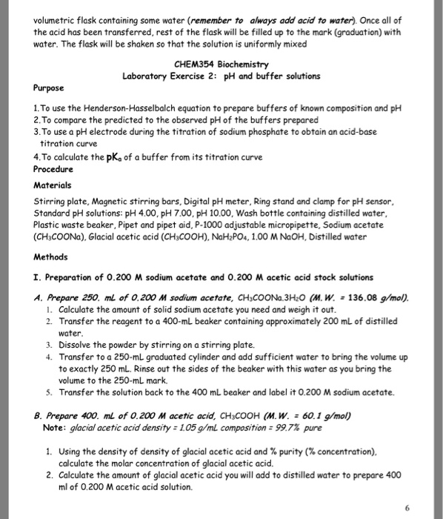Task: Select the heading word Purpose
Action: click(48, 87)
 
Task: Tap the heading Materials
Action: click(53, 185)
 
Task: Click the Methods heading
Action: click(51, 257)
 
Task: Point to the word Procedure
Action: click(54, 168)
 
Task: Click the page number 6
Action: click(427, 508)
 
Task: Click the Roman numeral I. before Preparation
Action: click(39, 277)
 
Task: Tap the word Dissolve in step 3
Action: click(76, 346)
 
